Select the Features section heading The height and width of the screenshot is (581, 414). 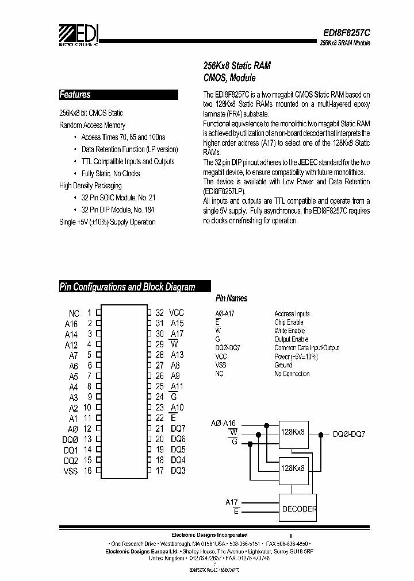pyautogui.click(x=75, y=95)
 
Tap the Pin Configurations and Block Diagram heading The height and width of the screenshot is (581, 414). pyautogui.click(x=128, y=286)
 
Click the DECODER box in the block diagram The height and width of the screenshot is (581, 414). pyautogui.click(x=299, y=509)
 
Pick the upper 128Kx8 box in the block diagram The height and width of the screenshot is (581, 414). pyautogui.click(x=293, y=431)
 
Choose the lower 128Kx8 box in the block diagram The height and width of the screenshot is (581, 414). pyautogui.click(x=293, y=468)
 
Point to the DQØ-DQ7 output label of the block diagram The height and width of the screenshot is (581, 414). pyautogui.click(x=349, y=435)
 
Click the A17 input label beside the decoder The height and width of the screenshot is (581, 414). pyautogui.click(x=232, y=502)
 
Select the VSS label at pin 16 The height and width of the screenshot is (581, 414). pyautogui.click(x=71, y=471)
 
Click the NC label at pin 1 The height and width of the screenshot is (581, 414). pyautogui.click(x=74, y=313)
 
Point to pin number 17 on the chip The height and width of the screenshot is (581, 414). pyautogui.click(x=160, y=471)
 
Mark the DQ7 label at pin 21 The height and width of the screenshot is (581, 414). pyautogui.click(x=178, y=428)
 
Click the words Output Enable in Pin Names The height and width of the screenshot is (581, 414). pyautogui.click(x=291, y=339)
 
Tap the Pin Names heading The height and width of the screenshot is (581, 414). pyautogui.click(x=231, y=299)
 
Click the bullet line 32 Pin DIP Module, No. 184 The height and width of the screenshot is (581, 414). pyautogui.click(x=118, y=210)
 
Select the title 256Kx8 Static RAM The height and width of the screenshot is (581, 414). pyautogui.click(x=237, y=66)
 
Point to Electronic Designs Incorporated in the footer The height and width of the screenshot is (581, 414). pyautogui.click(x=210, y=534)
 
